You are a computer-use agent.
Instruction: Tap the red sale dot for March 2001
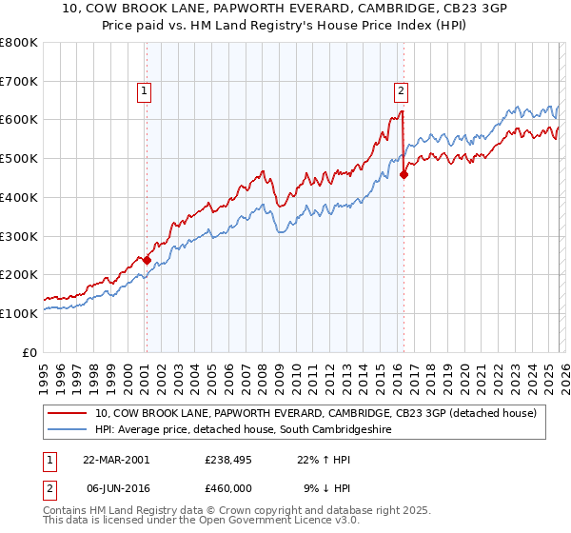click(147, 259)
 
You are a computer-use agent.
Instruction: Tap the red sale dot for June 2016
click(404, 174)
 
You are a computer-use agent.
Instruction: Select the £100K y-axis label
click(21, 313)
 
